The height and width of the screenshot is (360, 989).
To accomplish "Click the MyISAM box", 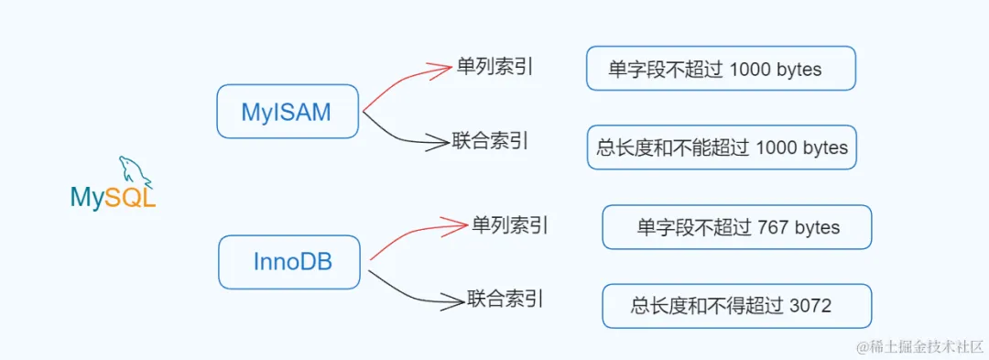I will pos(287,112).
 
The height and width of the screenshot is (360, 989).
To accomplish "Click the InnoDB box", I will pos(289,262).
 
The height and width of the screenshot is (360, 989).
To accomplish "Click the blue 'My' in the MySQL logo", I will pos(87,198).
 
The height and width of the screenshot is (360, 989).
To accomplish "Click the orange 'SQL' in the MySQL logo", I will pos(130,198).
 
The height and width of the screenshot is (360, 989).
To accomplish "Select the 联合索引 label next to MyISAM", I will pos(491,141).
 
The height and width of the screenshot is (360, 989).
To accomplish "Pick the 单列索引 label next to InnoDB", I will pos(510,224).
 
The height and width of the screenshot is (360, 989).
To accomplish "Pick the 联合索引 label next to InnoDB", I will pos(505,298).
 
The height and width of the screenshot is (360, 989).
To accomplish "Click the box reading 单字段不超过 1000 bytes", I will pos(721,69).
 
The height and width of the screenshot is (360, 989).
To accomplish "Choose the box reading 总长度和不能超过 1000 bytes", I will pos(722,147).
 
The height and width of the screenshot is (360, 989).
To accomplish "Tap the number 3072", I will pos(810,306).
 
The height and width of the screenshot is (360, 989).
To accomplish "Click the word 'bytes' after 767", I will pos(818,227).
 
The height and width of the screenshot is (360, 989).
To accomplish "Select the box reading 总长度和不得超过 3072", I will pos(736,306).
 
